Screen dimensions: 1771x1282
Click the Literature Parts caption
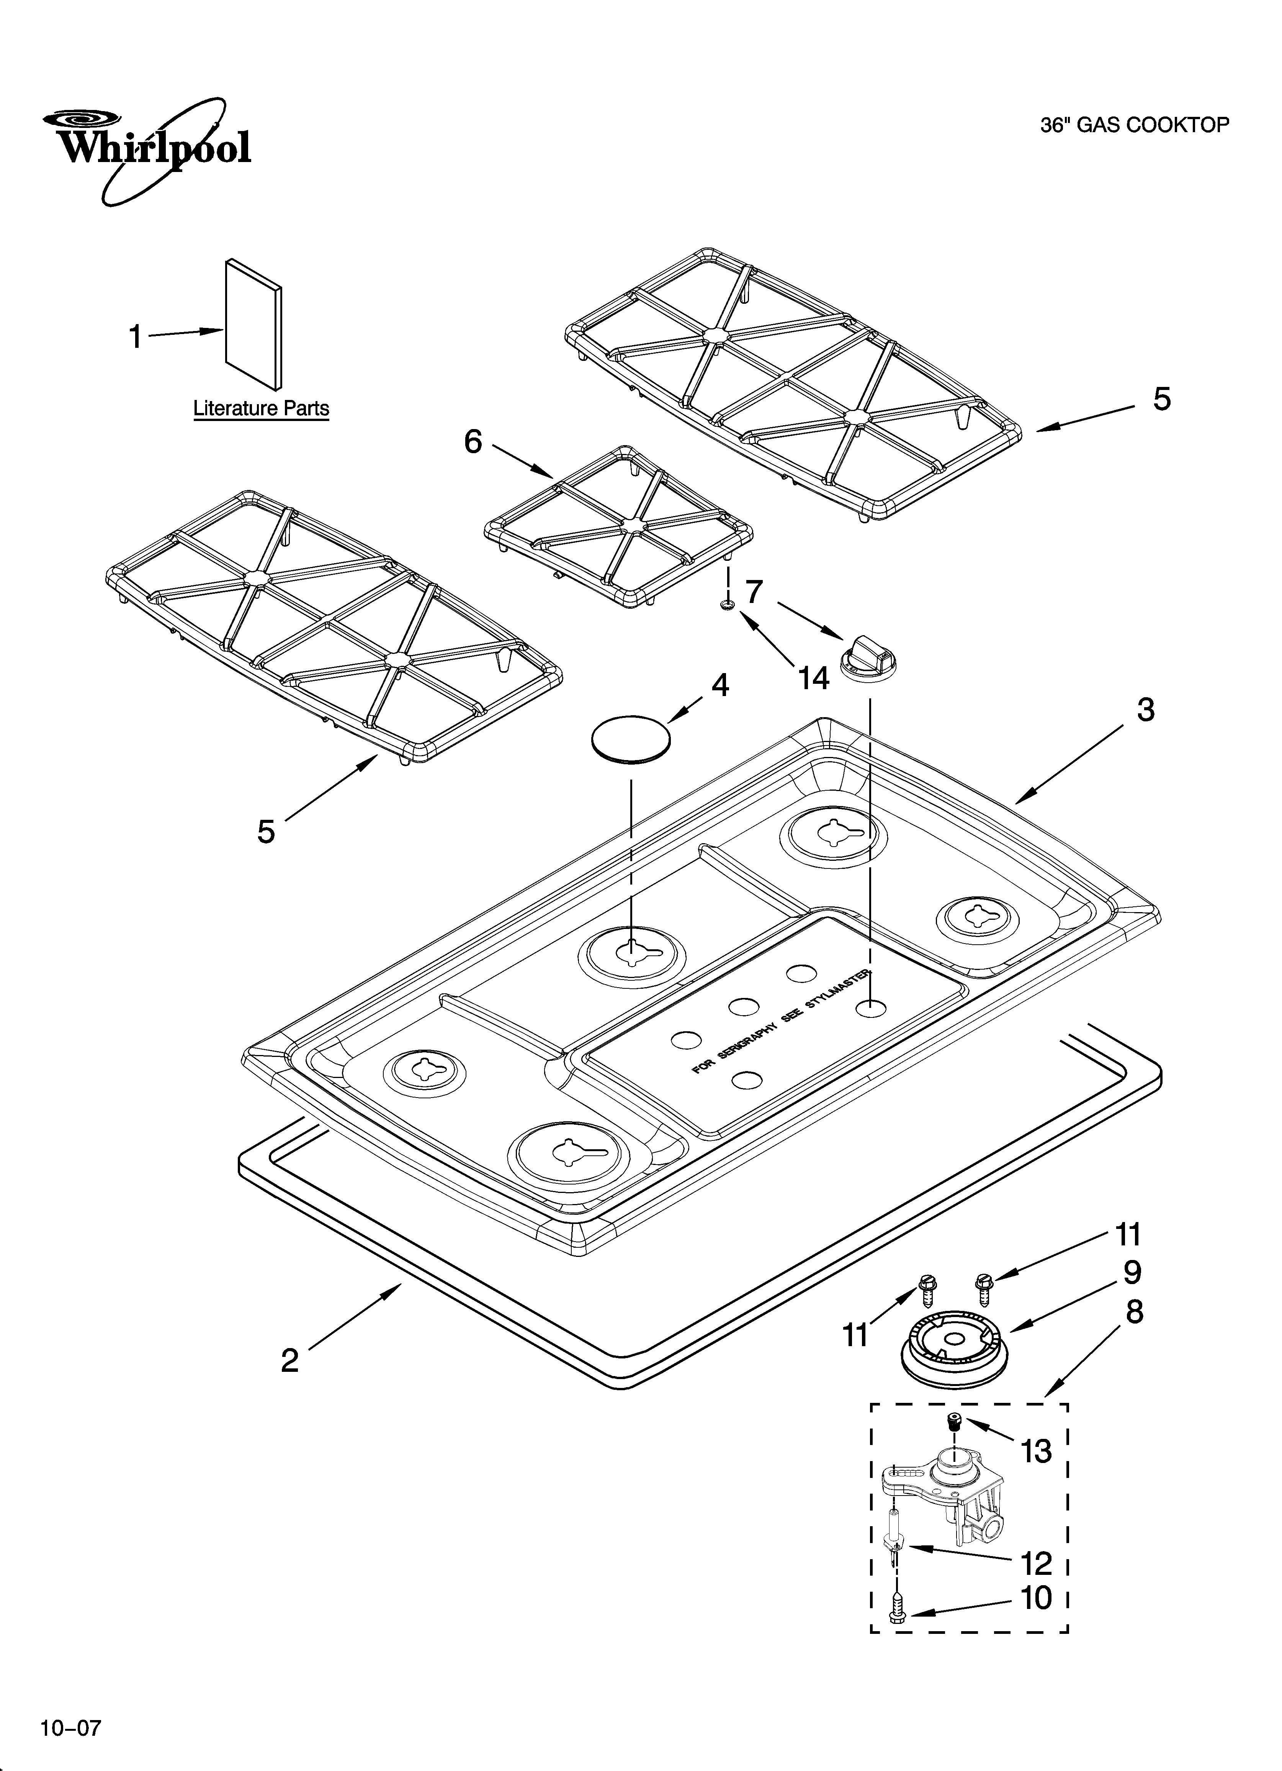pos(261,408)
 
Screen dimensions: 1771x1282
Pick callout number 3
pos(1145,710)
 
